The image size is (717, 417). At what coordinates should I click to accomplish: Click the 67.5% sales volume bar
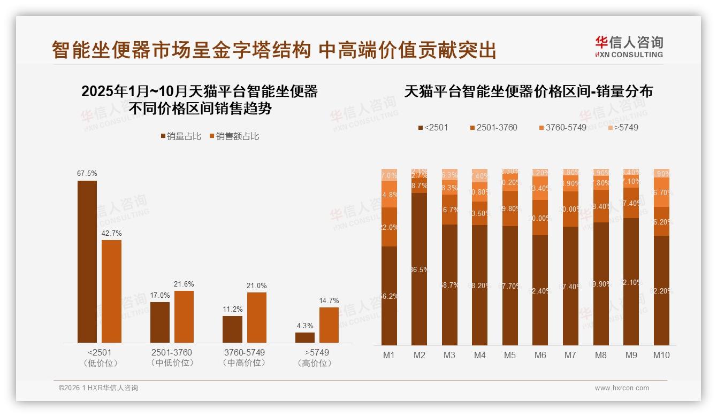click(x=87, y=261)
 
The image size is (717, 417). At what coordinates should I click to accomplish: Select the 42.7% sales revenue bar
click(x=112, y=291)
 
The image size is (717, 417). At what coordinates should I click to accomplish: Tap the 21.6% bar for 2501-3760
click(x=184, y=316)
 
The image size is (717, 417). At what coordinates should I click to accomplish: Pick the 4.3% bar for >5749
click(x=305, y=337)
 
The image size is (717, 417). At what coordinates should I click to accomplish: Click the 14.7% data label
click(x=329, y=301)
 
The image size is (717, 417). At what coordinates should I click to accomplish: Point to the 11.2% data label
click(x=232, y=310)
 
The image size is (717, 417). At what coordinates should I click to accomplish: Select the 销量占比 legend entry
click(x=181, y=136)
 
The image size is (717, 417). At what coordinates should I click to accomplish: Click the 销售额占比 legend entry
click(x=234, y=136)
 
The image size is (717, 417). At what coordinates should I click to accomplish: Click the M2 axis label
click(x=419, y=355)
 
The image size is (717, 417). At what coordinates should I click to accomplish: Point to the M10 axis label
click(x=661, y=355)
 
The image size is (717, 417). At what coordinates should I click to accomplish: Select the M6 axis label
click(x=540, y=355)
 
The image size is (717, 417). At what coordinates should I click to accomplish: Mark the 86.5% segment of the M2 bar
click(x=419, y=269)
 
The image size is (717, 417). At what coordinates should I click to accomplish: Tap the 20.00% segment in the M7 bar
click(x=570, y=209)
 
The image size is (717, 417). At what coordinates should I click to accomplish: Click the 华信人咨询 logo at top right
click(x=629, y=46)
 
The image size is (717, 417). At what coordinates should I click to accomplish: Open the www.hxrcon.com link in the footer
click(x=622, y=388)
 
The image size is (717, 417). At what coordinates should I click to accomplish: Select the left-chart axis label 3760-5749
click(x=244, y=353)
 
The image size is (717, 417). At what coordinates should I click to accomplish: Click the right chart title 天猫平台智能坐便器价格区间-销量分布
click(x=528, y=91)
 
